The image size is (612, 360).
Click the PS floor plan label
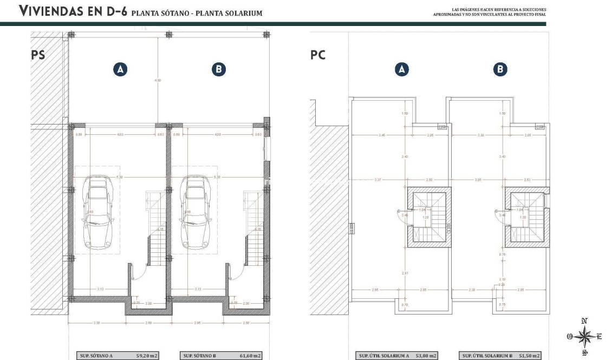point(37,55)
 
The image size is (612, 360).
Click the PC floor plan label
point(318,55)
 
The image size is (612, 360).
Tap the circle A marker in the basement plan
point(120,69)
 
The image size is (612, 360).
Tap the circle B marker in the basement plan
point(218,69)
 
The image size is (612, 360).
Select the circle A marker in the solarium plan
point(401,69)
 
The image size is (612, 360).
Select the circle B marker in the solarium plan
point(500,69)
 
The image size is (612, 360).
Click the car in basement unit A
point(98,208)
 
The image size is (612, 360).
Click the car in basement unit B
point(194,208)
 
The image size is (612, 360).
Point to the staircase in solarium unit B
point(526,217)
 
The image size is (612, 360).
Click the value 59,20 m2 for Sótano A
point(146,356)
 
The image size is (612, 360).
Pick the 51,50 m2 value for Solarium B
point(528,356)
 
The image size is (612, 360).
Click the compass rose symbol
point(584,337)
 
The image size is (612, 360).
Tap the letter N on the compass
point(584,321)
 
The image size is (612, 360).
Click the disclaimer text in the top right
point(499,11)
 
